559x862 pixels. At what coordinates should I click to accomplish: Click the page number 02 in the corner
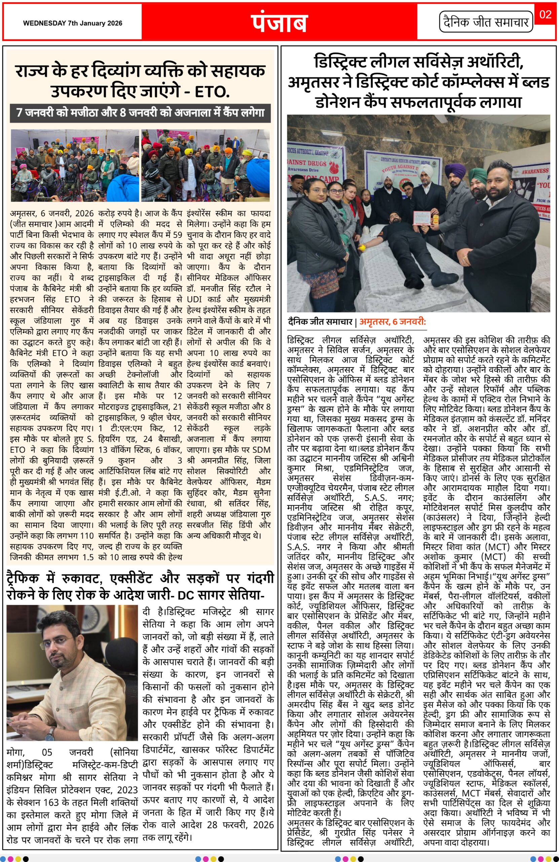(x=545, y=14)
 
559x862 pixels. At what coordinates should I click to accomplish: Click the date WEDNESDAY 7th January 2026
(x=73, y=23)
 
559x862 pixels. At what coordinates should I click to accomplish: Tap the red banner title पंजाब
(x=279, y=23)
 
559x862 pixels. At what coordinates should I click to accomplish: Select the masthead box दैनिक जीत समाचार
(x=486, y=23)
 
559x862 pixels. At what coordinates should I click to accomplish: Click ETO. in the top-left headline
(x=212, y=92)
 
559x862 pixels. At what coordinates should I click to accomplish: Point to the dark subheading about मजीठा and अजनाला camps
(x=140, y=113)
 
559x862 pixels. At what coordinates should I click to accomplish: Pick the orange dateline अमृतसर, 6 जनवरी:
(x=392, y=322)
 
